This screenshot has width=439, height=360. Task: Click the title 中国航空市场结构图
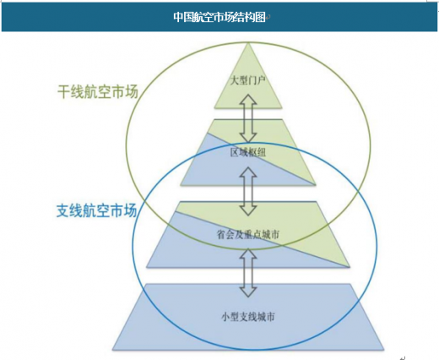[x=219, y=17]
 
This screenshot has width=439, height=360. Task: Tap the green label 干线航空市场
[x=98, y=92]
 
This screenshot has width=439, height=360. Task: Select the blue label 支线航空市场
[x=97, y=210]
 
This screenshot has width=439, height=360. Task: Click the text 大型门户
[x=247, y=81]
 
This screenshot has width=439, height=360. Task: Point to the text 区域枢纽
[x=247, y=152]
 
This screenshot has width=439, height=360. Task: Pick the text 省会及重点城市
[x=248, y=234]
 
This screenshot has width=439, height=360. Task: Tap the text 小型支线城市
[x=248, y=317]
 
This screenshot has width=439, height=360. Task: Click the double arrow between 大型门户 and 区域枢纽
[x=248, y=118]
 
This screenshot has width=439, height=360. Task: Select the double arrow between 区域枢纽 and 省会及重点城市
[x=248, y=191]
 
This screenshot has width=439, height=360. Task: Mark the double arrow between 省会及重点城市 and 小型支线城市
[x=248, y=273]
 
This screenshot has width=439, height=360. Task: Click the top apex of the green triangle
[x=248, y=43]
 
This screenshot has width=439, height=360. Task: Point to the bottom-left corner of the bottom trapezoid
[x=113, y=350]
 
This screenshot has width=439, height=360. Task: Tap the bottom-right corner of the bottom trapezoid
[x=384, y=350]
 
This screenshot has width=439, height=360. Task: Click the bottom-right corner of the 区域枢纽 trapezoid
[x=316, y=185]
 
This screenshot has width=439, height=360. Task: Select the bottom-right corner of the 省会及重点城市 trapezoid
[x=350, y=267]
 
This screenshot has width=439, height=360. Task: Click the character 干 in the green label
[x=64, y=92]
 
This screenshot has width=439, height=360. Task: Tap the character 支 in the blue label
[x=63, y=210]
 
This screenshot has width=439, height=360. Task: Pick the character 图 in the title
[x=261, y=17]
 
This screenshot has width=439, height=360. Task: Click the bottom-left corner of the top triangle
[x=214, y=108]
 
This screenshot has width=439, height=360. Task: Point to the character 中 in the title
[x=178, y=17]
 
